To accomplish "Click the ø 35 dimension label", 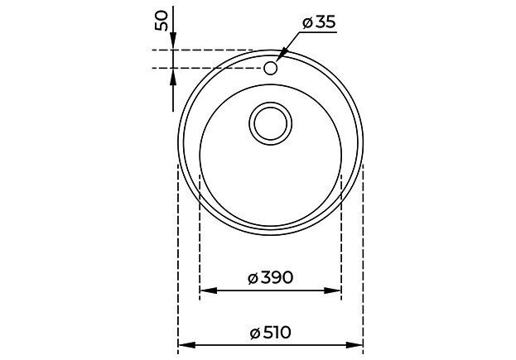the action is coord(319,22).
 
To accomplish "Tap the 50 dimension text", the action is coord(162,21).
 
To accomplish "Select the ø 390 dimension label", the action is coord(270,278).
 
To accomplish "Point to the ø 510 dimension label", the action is coord(270,333).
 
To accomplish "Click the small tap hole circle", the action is coord(271,68).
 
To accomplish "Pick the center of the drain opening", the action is coord(271,123).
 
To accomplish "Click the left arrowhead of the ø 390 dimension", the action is coord(209,290).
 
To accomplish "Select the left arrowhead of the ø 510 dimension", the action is coord(186,345).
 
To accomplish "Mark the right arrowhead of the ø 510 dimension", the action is coord(354,345).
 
